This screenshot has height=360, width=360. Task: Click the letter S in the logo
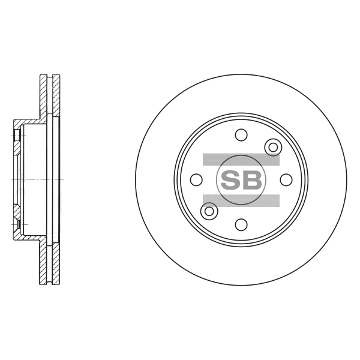(230, 180)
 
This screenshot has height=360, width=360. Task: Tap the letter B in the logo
(251, 180)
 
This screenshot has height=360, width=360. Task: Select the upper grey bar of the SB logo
(241, 160)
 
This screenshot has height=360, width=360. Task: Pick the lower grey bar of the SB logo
(241, 200)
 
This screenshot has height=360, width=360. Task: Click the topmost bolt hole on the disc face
(241, 135)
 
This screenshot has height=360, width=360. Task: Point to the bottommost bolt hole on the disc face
(241, 224)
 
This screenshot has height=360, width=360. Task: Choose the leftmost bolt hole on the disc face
(197, 179)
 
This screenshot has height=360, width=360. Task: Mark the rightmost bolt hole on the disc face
(286, 179)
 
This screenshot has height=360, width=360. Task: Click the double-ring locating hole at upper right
(273, 147)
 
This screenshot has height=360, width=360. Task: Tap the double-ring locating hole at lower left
(209, 211)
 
